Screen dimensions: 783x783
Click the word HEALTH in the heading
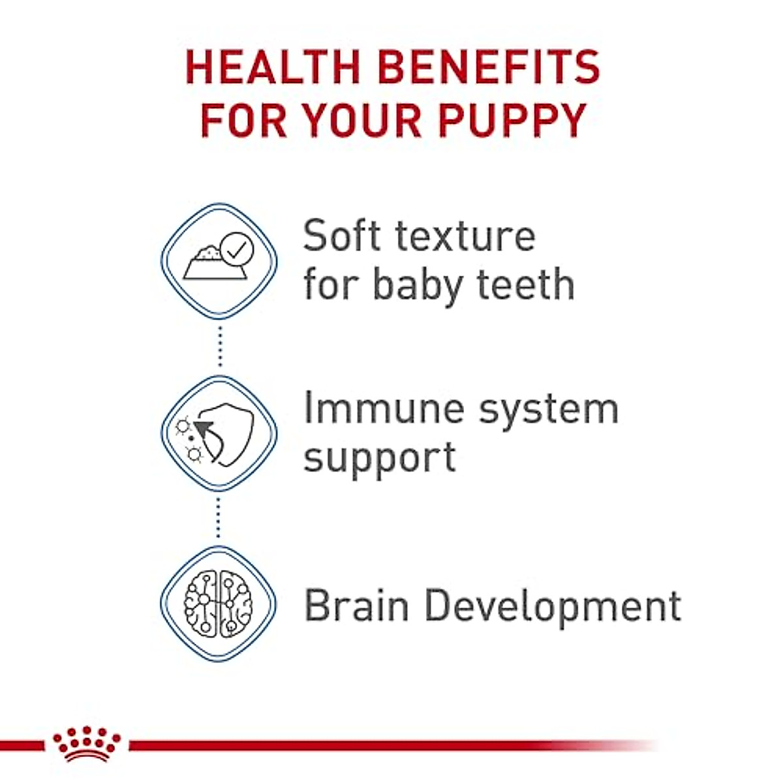(273, 67)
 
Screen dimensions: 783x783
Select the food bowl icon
(210, 264)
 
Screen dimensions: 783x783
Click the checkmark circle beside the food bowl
(236, 248)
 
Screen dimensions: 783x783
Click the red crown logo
(87, 744)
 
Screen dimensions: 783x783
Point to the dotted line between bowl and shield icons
(220, 346)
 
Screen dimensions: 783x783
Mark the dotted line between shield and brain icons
(219, 518)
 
